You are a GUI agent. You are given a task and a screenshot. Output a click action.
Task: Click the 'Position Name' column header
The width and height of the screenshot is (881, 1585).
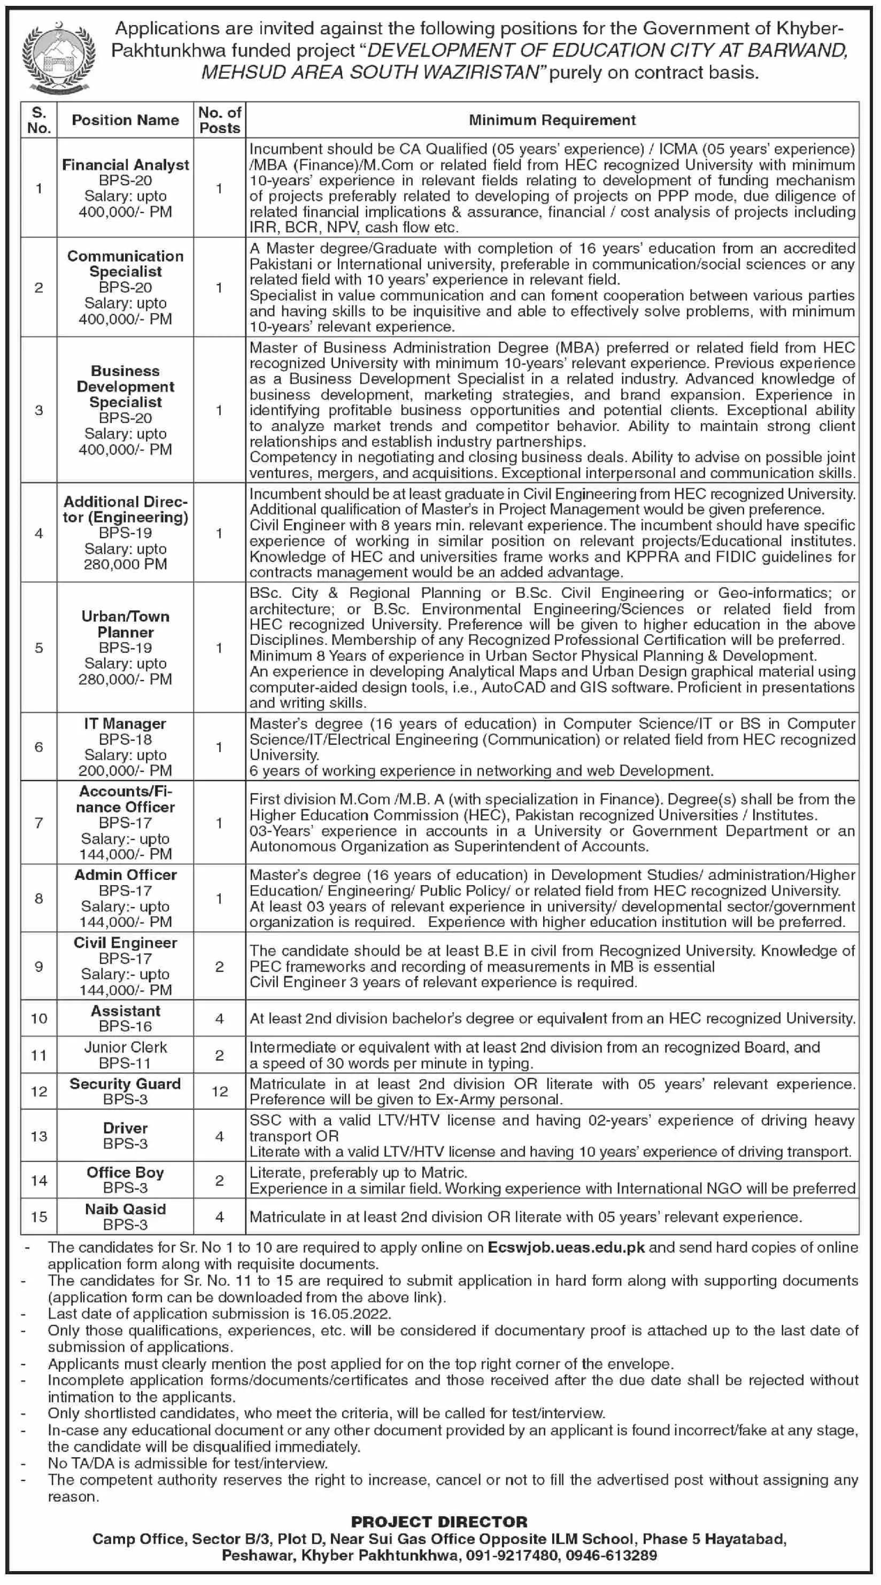[126, 120]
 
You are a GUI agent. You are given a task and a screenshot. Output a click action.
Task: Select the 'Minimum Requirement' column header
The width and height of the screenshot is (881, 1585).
[552, 120]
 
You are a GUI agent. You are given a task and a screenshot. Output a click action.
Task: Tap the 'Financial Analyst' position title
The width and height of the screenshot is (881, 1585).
[126, 165]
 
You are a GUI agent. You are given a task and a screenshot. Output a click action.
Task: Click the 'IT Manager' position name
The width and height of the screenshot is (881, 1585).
[126, 723]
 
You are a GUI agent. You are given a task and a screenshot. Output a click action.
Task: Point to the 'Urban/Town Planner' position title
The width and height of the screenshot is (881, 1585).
[126, 624]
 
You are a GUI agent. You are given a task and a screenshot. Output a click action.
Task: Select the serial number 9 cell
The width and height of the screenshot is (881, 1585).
[39, 966]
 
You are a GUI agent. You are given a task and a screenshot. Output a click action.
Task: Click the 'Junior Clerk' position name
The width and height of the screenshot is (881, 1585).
[126, 1047]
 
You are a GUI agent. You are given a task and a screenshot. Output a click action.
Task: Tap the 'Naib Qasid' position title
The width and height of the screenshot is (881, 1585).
[126, 1209]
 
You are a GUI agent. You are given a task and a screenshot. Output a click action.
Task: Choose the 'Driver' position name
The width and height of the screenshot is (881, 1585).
[126, 1128]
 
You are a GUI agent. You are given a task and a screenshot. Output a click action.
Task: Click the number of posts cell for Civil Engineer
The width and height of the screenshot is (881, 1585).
[220, 966]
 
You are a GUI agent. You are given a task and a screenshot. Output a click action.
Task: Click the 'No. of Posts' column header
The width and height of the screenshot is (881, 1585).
[220, 120]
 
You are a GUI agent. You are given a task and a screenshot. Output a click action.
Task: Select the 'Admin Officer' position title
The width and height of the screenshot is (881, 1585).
[126, 875]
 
